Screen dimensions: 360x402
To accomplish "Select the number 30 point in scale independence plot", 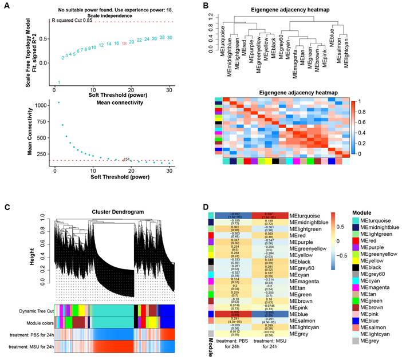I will click(170, 38).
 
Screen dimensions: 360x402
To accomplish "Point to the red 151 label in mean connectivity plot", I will click(127, 159).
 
